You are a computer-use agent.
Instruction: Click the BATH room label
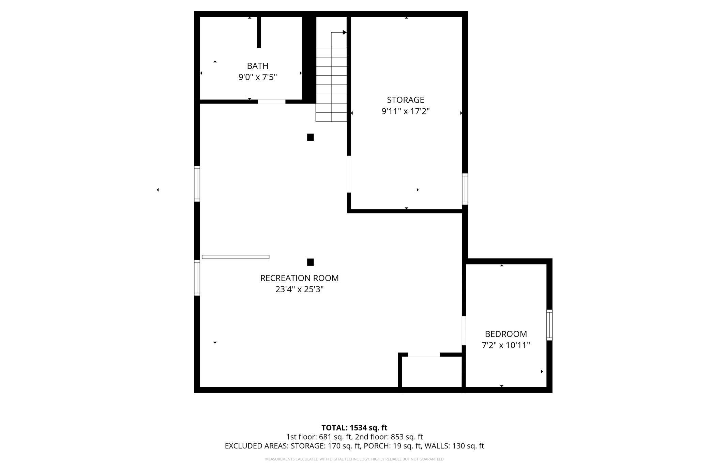[257, 66]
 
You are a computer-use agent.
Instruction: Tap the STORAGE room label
[405, 100]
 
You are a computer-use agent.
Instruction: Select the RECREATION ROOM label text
[299, 278]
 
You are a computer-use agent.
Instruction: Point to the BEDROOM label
[506, 334]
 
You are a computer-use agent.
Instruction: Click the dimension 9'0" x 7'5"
[257, 77]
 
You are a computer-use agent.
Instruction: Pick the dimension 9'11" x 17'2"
[405, 111]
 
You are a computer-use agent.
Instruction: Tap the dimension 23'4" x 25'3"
[299, 289]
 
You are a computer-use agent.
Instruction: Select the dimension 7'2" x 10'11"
[506, 345]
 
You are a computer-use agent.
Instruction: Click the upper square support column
[310, 137]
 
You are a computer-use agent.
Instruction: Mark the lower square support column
[310, 262]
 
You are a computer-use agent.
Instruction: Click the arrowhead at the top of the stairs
[344, 32]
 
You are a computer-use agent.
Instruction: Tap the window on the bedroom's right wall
[549, 325]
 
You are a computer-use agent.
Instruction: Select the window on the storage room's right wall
[465, 189]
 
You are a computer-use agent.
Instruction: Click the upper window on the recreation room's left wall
[197, 184]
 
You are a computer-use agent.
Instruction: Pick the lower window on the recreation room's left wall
[197, 278]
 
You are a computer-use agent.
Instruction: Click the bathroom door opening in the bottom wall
[271, 101]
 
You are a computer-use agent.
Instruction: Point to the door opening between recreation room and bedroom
[464, 330]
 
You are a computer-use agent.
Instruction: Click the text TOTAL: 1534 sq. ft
[354, 428]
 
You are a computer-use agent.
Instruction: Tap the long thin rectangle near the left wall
[236, 257]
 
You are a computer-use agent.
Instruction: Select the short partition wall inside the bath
[259, 32]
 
